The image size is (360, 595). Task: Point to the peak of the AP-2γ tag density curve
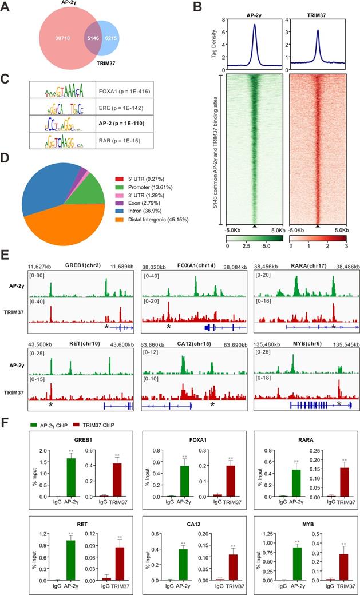(254, 24)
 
